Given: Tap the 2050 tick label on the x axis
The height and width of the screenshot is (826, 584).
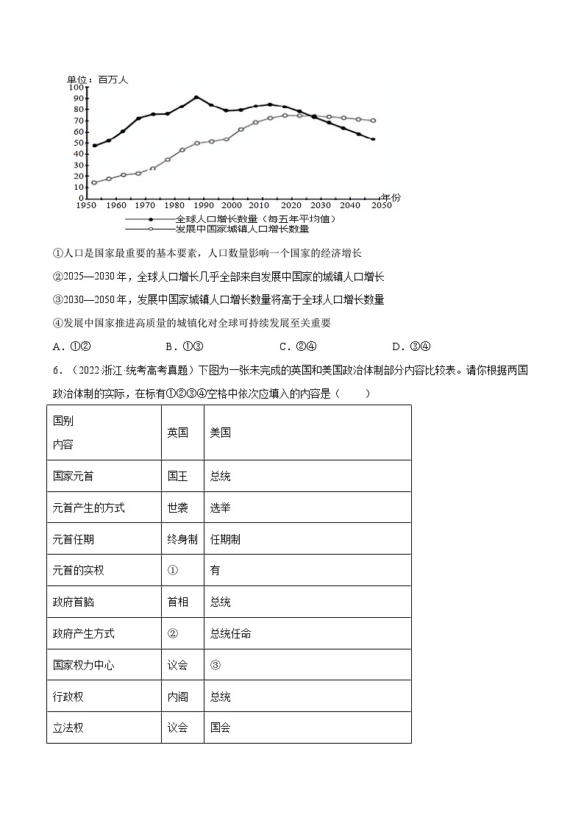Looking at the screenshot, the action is pyautogui.click(x=381, y=205).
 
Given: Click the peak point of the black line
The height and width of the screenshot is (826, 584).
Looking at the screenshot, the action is pyautogui.click(x=196, y=97).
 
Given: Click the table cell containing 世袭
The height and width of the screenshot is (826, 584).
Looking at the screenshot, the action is pyautogui.click(x=177, y=508).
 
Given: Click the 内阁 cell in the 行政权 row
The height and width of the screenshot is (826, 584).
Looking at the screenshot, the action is pyautogui.click(x=177, y=697).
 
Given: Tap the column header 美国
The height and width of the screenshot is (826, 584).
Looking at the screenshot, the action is pyautogui.click(x=220, y=432).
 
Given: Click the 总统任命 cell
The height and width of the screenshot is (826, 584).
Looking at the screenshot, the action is pyautogui.click(x=230, y=633).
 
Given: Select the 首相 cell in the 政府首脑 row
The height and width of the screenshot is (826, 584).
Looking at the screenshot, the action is pyautogui.click(x=177, y=602).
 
